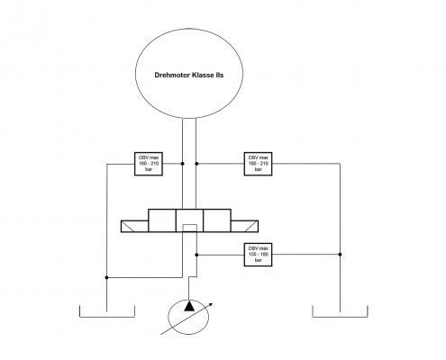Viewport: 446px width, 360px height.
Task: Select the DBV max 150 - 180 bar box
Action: click(x=258, y=255)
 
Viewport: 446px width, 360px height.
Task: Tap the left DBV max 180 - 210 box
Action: click(x=149, y=164)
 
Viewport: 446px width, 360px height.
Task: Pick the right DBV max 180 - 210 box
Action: click(x=258, y=164)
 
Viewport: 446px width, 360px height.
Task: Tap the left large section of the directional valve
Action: click(x=162, y=221)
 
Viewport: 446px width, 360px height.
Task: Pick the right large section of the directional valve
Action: click(x=217, y=221)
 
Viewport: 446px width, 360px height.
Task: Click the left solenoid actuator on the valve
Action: click(x=134, y=227)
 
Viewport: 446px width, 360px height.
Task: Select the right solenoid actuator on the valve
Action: click(x=245, y=227)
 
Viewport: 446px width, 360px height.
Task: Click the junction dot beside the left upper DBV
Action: click(x=183, y=164)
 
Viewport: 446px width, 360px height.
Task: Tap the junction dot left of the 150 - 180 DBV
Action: click(x=197, y=255)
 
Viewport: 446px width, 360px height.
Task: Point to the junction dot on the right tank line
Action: click(x=340, y=255)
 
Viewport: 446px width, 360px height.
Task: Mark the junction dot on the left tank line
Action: click(x=107, y=277)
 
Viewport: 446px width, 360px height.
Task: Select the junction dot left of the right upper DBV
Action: click(x=197, y=164)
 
